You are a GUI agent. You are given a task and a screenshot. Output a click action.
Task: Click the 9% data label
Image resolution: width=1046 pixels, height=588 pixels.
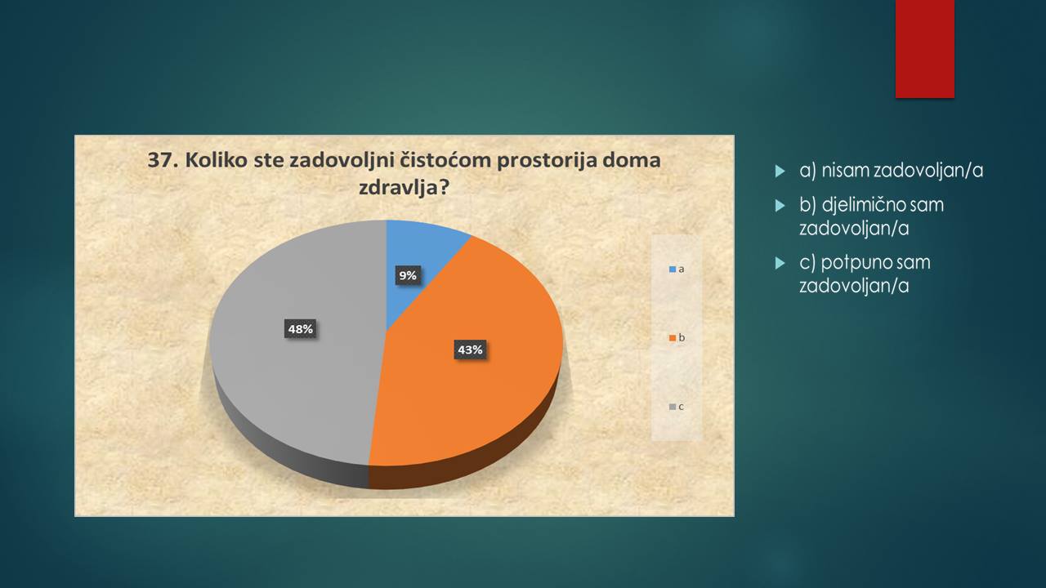[408, 275]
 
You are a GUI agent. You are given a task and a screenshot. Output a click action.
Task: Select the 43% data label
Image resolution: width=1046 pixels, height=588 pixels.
[470, 350]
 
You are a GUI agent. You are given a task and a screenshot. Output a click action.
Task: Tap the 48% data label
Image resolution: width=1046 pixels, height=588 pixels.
[300, 329]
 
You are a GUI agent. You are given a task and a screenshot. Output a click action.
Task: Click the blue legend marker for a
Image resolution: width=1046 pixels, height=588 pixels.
[673, 269]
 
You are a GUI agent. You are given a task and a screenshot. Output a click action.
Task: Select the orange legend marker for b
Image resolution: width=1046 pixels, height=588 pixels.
[673, 338]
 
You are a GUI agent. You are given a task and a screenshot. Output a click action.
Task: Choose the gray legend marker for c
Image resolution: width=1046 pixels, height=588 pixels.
[673, 407]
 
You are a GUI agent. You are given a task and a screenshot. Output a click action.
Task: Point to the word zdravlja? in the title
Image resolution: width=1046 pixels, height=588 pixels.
[404, 188]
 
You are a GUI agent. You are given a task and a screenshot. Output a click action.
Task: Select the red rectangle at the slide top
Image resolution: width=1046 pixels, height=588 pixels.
[924, 49]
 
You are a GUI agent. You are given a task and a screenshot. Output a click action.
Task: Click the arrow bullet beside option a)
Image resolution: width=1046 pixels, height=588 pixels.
[780, 171]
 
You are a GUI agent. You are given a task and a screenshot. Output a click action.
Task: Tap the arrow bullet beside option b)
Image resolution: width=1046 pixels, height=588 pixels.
[780, 205]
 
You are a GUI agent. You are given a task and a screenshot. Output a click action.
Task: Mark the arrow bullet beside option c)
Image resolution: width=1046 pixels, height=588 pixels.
[780, 263]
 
